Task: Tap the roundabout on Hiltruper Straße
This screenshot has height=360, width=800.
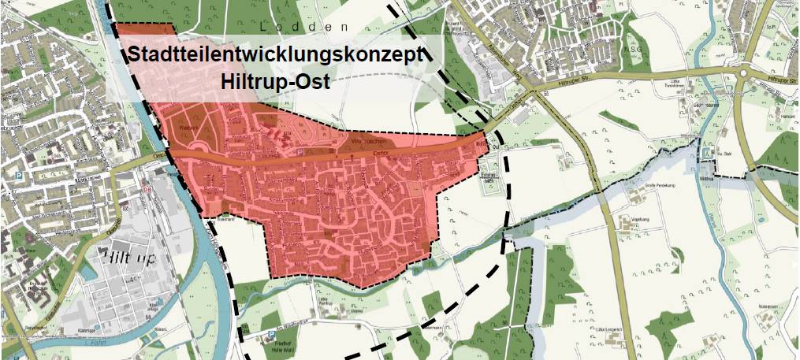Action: (743, 75)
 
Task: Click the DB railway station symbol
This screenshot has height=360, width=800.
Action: (146, 187)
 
